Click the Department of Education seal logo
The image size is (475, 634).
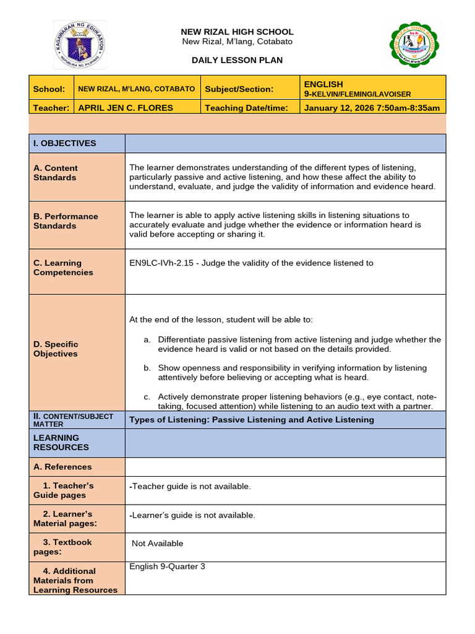(x=79, y=45)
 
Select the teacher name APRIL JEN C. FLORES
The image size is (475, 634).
(x=125, y=108)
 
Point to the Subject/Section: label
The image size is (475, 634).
(x=239, y=89)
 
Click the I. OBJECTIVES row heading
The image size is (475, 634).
(x=64, y=143)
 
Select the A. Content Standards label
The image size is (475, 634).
(x=56, y=173)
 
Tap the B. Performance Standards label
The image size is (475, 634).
(x=66, y=221)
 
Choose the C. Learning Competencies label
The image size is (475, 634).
(x=63, y=267)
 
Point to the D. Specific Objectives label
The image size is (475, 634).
(x=56, y=349)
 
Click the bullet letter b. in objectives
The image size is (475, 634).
(x=147, y=368)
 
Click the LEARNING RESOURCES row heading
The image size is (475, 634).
(x=61, y=442)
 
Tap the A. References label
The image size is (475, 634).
(x=62, y=467)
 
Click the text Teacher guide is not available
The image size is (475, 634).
(x=190, y=487)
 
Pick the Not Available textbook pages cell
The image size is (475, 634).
(x=158, y=544)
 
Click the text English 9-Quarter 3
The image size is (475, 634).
(x=167, y=567)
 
